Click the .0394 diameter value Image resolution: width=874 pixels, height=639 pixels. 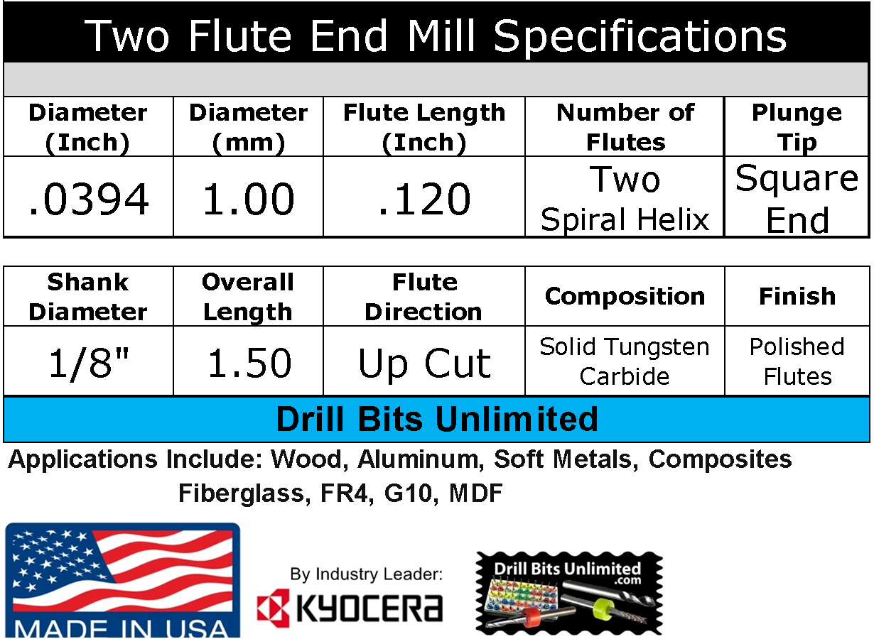pyautogui.click(x=89, y=199)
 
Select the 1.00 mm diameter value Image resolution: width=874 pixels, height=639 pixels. pyautogui.click(x=248, y=199)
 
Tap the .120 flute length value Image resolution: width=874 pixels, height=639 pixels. pyautogui.click(x=424, y=199)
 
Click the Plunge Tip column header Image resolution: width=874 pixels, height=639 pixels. pyautogui.click(x=797, y=127)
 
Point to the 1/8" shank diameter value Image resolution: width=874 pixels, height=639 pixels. pyautogui.click(x=89, y=363)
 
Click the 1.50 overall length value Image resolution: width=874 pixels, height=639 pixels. pyautogui.click(x=248, y=363)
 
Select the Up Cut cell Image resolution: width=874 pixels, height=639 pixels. pyautogui.click(x=424, y=363)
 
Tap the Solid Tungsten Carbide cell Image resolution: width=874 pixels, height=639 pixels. pyautogui.click(x=625, y=361)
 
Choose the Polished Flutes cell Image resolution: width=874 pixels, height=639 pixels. pyautogui.click(x=797, y=361)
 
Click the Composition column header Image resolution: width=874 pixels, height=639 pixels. pyautogui.click(x=625, y=296)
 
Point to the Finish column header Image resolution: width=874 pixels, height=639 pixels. pyautogui.click(x=797, y=296)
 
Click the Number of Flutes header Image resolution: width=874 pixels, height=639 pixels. pyautogui.click(x=625, y=127)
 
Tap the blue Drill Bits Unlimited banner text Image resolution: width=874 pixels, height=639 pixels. pyautogui.click(x=436, y=419)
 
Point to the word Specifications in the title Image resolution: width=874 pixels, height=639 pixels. pyautogui.click(x=640, y=35)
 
